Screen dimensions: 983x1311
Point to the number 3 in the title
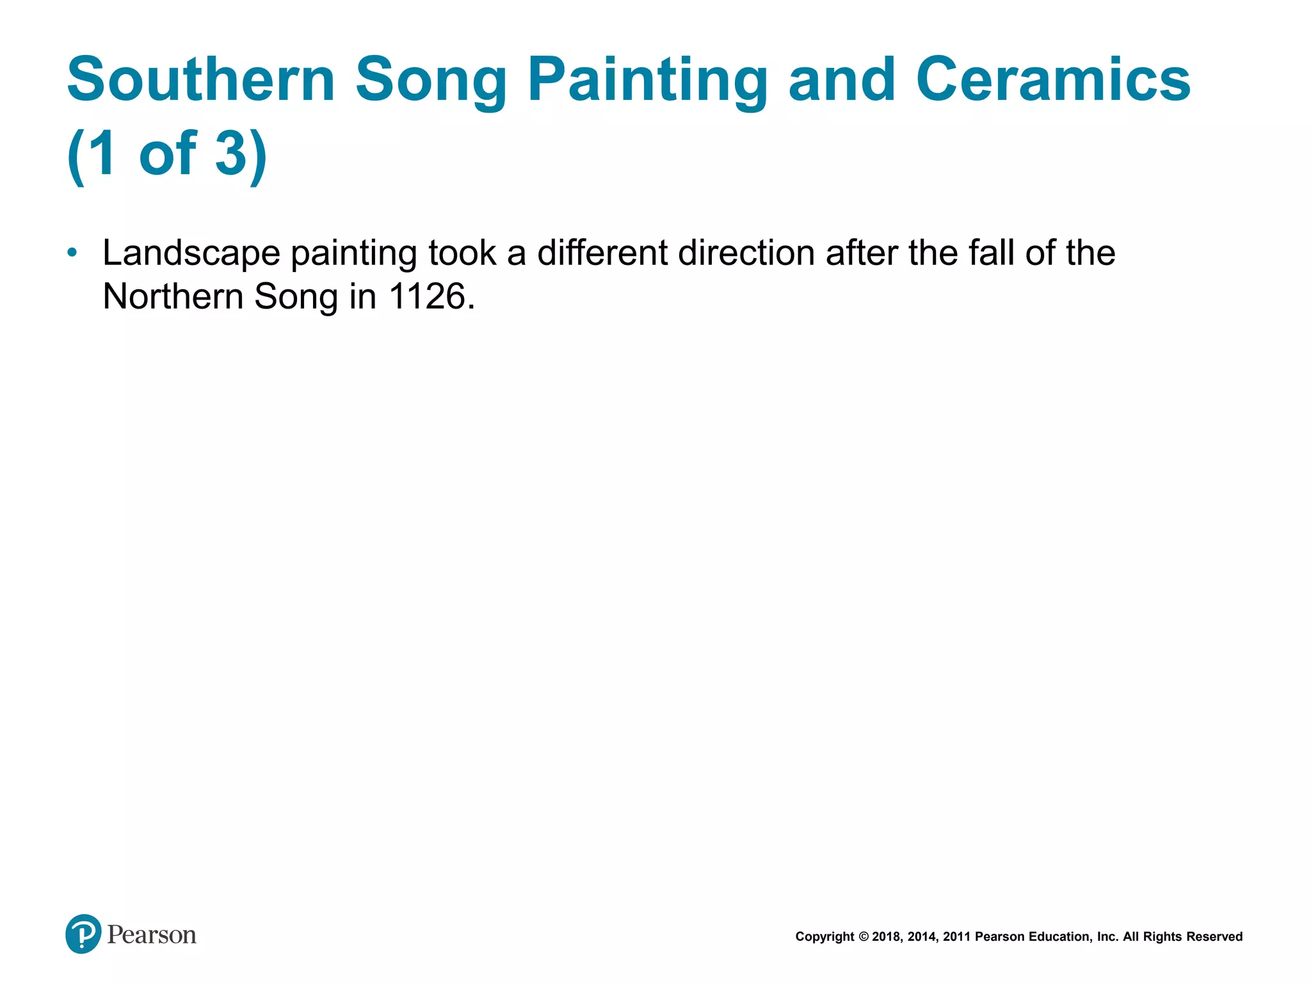(x=231, y=153)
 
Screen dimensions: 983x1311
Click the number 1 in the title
(x=102, y=153)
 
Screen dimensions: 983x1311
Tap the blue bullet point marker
(x=72, y=253)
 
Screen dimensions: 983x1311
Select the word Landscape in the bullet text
(x=191, y=253)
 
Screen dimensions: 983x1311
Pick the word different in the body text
(x=602, y=252)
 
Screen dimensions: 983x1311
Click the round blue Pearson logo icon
(x=83, y=934)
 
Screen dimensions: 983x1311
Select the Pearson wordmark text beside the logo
(x=152, y=935)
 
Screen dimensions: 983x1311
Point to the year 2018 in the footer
(x=886, y=937)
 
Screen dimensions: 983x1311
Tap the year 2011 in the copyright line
(x=957, y=937)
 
